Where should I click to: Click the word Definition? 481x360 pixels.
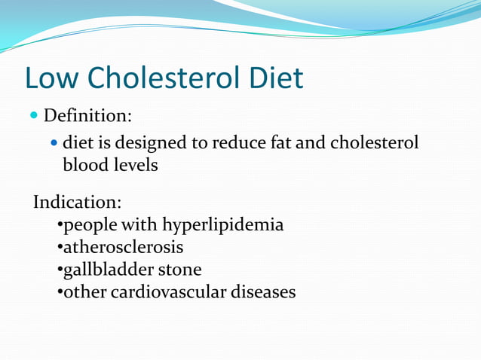click(87, 117)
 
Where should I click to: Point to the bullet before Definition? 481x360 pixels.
click(34, 117)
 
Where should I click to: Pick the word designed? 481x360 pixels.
click(162, 142)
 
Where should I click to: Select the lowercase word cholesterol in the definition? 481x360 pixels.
click(374, 142)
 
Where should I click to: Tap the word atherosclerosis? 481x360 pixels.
click(123, 247)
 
